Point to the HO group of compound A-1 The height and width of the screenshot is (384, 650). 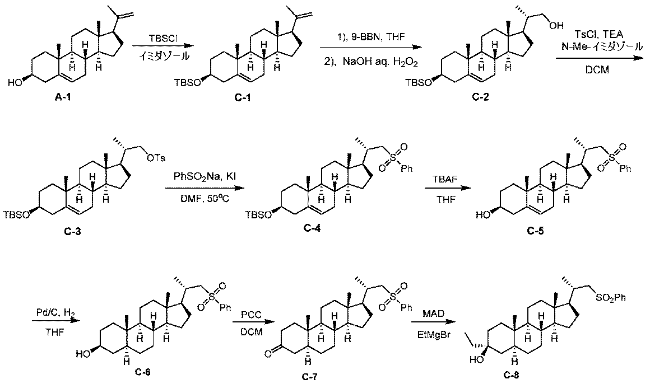click(16, 83)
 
